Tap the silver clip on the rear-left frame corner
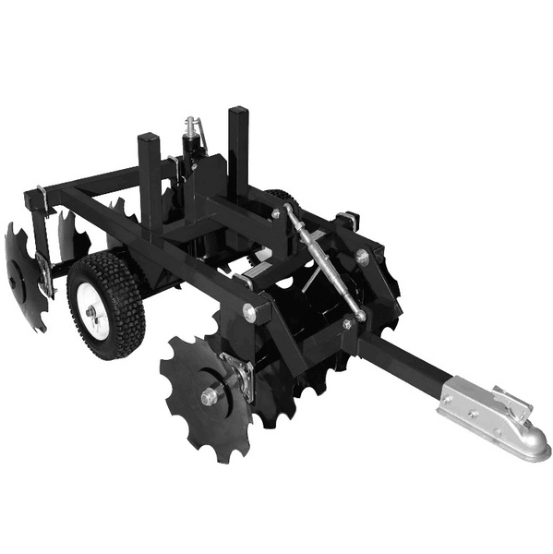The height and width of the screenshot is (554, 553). [39, 199]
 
